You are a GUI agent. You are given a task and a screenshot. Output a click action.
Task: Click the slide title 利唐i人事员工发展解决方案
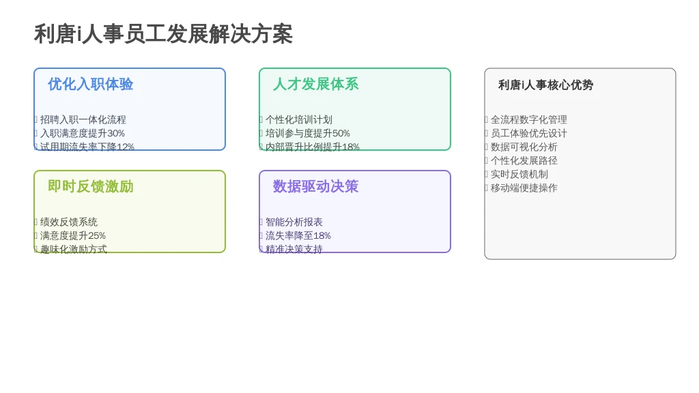163,34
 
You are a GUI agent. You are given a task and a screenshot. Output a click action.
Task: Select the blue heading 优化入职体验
91,84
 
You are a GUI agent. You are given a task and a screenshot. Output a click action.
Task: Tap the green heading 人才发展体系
316,84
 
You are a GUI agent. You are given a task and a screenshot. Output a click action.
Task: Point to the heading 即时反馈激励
91,186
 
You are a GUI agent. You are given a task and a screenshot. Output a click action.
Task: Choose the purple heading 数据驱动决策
316,186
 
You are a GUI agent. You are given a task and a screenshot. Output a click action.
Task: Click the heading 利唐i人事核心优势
545,85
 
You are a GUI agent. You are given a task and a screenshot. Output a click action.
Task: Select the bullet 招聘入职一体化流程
83,119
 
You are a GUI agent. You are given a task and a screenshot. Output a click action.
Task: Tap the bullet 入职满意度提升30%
83,133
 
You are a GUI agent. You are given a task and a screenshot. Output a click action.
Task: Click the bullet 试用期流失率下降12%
87,147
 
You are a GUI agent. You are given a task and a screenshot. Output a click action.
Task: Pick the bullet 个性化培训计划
299,119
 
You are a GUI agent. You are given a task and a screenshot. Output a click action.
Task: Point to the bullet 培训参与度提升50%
308,133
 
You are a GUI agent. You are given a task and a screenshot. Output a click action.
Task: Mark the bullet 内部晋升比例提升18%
313,147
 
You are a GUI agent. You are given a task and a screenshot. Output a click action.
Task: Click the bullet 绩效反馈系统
69,222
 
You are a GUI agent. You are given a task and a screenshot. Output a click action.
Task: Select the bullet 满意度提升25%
72,235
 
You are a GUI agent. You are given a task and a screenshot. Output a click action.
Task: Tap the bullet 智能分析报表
294,222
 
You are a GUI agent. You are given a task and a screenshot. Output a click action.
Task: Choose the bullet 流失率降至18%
298,235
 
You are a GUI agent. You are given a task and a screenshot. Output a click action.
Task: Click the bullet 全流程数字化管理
529,119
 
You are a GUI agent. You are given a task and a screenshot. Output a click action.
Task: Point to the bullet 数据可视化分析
524,147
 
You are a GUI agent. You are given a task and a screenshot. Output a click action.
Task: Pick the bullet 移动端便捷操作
524,188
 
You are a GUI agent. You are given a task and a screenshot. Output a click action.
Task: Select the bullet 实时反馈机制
519,174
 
